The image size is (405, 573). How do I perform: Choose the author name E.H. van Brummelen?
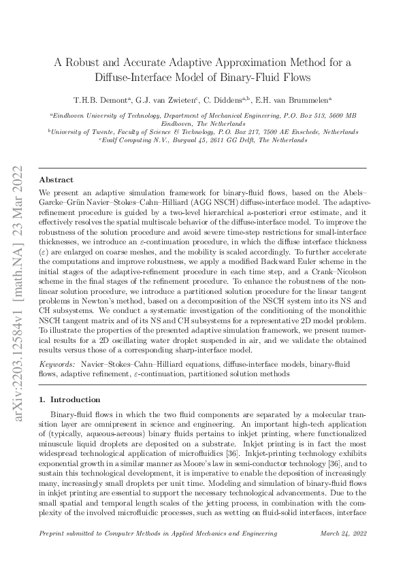tap(294, 99)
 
